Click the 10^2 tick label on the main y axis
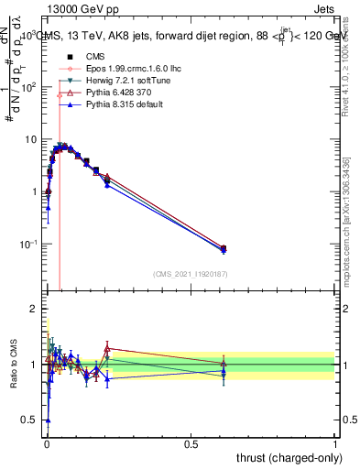point(28,87)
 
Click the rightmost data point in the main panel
point(224,248)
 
